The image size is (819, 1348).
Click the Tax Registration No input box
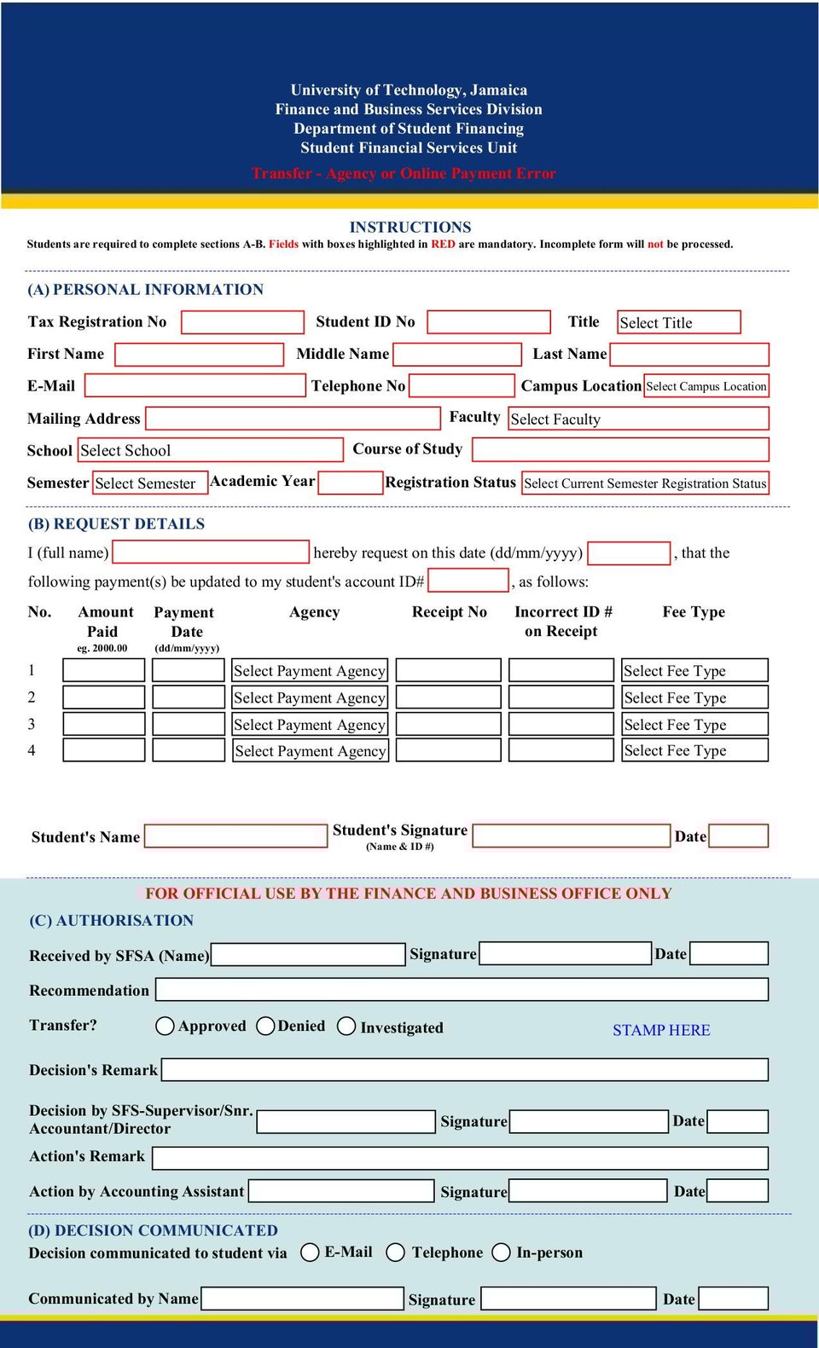pos(242,322)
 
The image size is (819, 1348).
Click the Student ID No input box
pos(488,322)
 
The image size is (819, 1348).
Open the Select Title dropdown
pos(678,322)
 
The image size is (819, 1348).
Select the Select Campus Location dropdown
pos(706,386)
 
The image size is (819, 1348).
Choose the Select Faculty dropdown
pos(638,419)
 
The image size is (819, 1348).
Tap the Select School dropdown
pos(210,450)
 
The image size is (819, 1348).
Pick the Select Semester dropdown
pos(149,483)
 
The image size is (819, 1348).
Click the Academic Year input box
pos(350,483)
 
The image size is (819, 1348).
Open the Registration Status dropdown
pos(645,483)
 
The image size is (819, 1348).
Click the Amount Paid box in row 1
pos(104,670)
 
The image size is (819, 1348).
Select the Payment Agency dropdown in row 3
pos(310,725)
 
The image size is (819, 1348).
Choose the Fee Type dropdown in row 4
pos(694,750)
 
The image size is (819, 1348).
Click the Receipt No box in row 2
pos(449,697)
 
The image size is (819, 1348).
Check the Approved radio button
pos(166,1026)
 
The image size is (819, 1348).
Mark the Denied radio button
pos(265,1026)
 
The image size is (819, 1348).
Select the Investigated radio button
pos(346,1026)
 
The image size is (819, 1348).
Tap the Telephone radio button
pos(395,1252)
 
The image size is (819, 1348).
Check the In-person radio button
pos(502,1252)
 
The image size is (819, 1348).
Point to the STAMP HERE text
pos(661,1030)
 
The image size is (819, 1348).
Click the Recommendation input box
pos(462,990)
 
